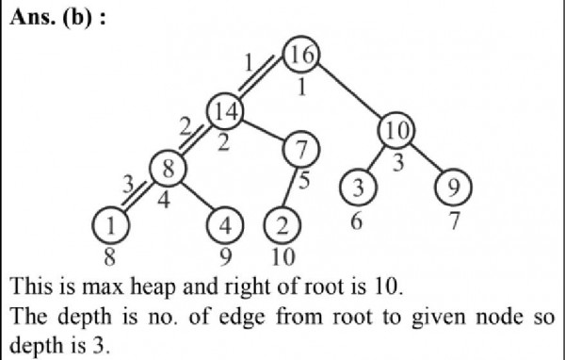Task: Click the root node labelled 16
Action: click(x=302, y=56)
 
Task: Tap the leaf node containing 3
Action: click(x=358, y=188)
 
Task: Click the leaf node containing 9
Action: click(x=452, y=188)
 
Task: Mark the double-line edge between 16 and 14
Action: click(x=265, y=82)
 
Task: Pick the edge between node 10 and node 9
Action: click(x=425, y=159)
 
